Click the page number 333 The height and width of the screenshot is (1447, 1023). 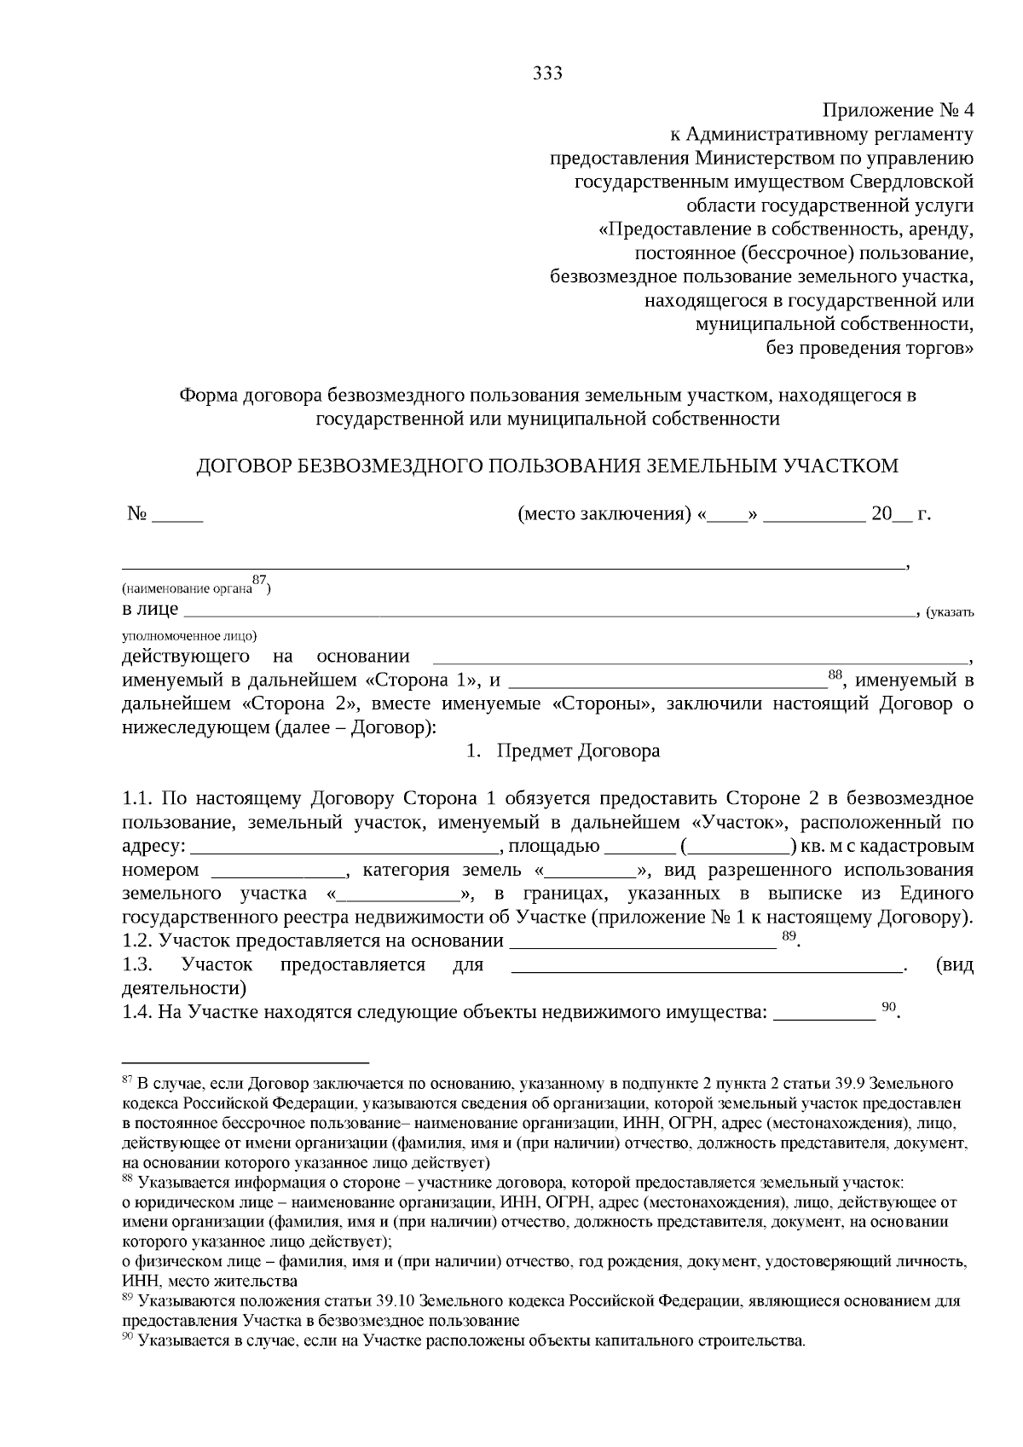point(547,73)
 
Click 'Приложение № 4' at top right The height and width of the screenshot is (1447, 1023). point(897,111)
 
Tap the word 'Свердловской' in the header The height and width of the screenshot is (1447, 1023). point(912,182)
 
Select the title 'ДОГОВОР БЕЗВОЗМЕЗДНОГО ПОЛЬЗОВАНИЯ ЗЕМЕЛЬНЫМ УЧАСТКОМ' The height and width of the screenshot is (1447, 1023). point(547,466)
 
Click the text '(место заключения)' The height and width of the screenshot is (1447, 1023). point(604,514)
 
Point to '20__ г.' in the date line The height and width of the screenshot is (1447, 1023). point(900,514)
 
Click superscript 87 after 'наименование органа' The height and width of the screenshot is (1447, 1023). point(259,581)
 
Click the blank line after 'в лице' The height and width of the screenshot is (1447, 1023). point(546,611)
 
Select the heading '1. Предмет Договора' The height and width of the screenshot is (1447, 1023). point(563,751)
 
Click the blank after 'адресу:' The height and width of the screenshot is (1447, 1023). point(345,848)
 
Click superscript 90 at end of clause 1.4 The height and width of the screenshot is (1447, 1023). point(888,1007)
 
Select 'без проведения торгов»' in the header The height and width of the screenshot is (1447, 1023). point(870,348)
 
